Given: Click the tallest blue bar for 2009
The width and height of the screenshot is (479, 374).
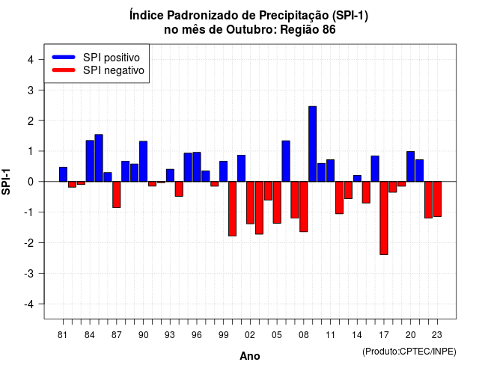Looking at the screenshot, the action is coord(313,144).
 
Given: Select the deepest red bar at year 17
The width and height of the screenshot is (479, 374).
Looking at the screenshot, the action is coord(384,218).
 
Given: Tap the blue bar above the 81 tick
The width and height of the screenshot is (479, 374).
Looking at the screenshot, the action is coord(63,174).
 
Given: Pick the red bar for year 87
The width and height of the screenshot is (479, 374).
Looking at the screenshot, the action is coord(117,194).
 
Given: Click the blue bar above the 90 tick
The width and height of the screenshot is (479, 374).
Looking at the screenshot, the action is coord(143,162).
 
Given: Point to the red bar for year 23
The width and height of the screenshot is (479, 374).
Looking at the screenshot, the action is coord(437,199).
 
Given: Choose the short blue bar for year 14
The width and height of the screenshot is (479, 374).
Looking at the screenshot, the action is coord(357,178).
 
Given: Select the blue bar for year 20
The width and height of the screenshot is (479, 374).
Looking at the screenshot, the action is coord(411,166).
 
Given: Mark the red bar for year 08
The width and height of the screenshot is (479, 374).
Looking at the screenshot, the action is coord(304,206).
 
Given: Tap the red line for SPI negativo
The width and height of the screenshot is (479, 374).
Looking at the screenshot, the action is coord(64,70).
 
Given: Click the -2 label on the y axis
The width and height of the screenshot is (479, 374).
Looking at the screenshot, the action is coord(29,242).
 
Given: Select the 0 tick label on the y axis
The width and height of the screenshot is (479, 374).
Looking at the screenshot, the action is coord(31,182).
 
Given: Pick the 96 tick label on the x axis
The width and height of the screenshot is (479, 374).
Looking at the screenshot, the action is coord(197,335).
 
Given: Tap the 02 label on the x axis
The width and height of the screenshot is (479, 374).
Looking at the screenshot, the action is coord(250,335).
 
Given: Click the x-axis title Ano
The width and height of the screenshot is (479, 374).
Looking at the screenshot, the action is coord(250,356).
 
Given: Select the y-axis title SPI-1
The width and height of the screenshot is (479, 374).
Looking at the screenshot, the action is coord(6,182).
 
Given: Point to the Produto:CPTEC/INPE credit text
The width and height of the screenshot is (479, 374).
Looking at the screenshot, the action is coord(409,352).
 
